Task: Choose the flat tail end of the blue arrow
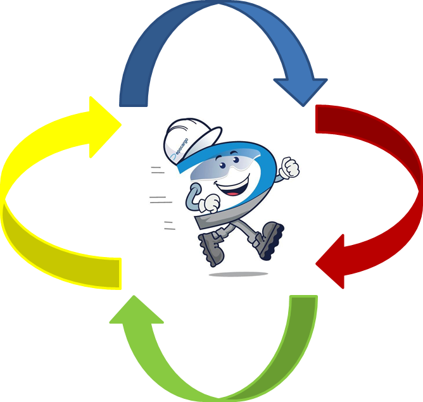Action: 134,95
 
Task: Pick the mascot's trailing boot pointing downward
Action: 211,248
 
